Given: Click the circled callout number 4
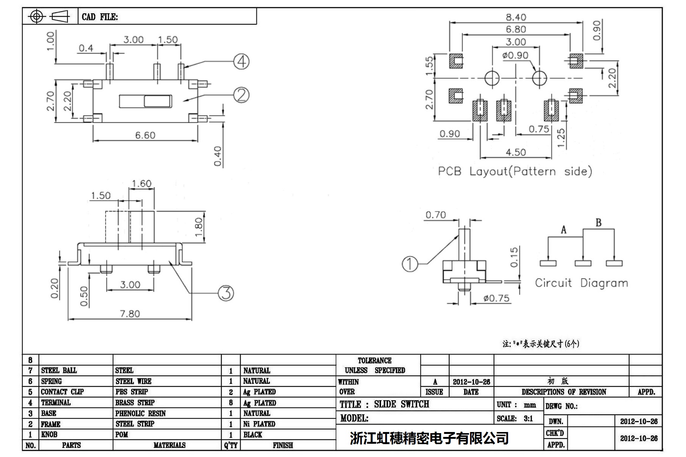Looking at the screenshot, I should pos(241,62).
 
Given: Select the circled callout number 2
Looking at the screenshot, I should pos(241,95).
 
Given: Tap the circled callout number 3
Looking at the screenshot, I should pos(226,293).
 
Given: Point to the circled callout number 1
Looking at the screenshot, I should pos(409,264).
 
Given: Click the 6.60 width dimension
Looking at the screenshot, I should pos(145,135).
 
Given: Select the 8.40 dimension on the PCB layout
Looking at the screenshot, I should pos(516,17).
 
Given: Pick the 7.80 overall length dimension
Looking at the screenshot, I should pos(130,314).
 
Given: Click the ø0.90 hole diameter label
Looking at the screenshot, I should pos(515,56).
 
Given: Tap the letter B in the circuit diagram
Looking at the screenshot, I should pos(598,223).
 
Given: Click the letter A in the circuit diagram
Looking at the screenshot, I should pos(564,230).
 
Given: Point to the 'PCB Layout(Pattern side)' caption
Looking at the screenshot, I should pos(515,172).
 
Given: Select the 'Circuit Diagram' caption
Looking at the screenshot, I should pos(581,283).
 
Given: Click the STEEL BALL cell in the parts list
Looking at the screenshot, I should pos(59,370).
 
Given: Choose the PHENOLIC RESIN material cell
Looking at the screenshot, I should pos(141,413).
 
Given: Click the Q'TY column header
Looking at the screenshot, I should pos(231,445).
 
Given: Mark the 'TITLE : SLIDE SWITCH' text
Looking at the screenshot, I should pos(384,404).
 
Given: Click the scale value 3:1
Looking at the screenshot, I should pos(528,418).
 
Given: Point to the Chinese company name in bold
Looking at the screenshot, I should pos(429,438).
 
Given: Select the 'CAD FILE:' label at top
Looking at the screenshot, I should pos(100,17).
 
